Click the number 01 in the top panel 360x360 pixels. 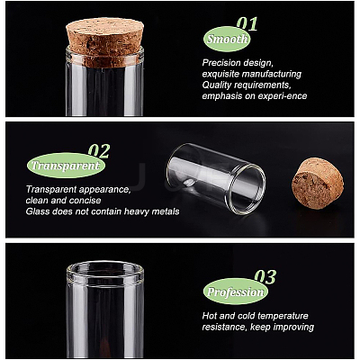tap(247, 23)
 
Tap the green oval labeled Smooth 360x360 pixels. tap(227, 39)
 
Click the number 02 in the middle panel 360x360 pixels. tap(99, 151)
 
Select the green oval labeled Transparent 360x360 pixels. tap(66, 166)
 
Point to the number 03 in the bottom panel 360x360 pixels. tap(265, 276)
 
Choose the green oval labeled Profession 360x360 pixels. tap(236, 292)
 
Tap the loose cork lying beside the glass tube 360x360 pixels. tap(318, 184)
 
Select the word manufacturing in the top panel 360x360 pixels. tap(272, 74)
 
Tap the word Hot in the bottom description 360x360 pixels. tap(210, 316)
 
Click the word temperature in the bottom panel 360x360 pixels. tap(283, 316)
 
